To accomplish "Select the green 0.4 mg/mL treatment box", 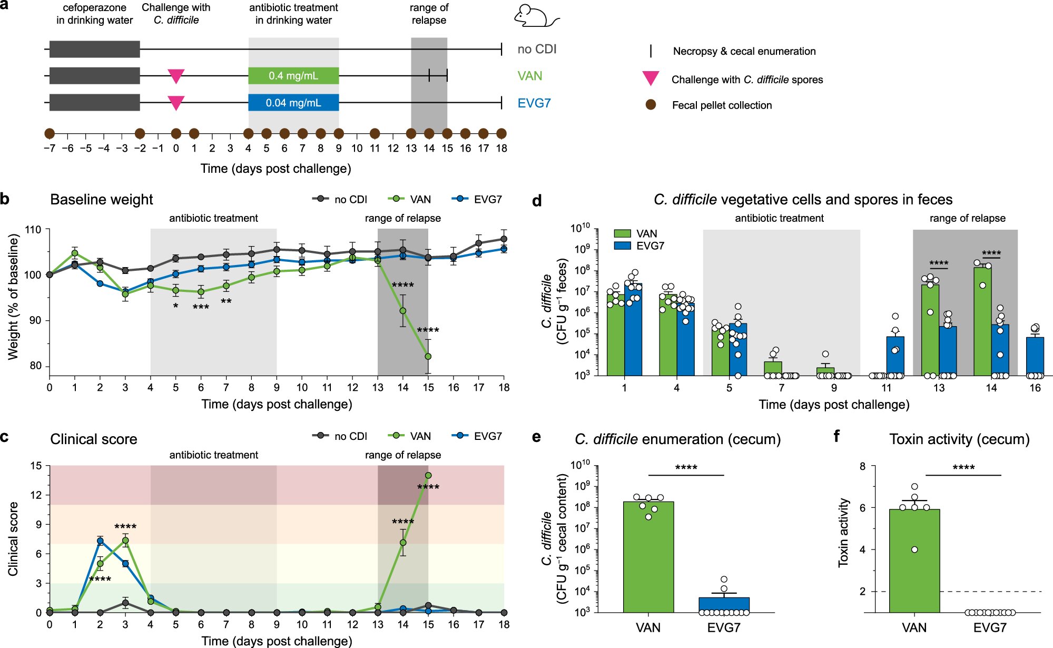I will pyautogui.click(x=293, y=76).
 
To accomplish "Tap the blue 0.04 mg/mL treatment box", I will pyautogui.click(x=293, y=103).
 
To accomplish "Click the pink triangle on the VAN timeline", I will pyautogui.click(x=176, y=75).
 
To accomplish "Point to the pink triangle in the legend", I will pyautogui.click(x=651, y=78).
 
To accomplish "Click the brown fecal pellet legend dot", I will pyautogui.click(x=651, y=105).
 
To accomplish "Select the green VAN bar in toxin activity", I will pyautogui.click(x=914, y=561).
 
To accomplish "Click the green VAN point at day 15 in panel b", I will pyautogui.click(x=428, y=357).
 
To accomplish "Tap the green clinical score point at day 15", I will pyautogui.click(x=428, y=475).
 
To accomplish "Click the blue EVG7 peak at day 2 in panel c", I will pyautogui.click(x=100, y=541).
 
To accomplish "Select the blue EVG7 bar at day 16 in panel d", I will pyautogui.click(x=1035, y=356).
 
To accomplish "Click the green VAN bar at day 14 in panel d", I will pyautogui.click(x=982, y=321).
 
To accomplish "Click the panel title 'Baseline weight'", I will pyautogui.click(x=101, y=200).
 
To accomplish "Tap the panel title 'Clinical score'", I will pyautogui.click(x=93, y=439).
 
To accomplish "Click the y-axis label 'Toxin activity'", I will pyautogui.click(x=843, y=533).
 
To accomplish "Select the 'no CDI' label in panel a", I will pyautogui.click(x=536, y=49).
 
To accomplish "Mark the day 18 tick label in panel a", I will pyautogui.click(x=501, y=149).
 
